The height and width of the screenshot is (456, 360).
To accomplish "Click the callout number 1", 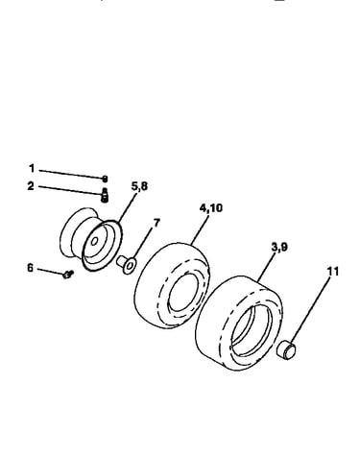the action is point(32,168).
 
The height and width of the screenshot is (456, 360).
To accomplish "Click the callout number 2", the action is point(31,186).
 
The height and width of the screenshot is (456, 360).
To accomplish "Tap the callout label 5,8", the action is point(140,186).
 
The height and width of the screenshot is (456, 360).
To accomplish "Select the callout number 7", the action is point(156,223).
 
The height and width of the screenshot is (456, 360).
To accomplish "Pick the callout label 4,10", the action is point(210,208).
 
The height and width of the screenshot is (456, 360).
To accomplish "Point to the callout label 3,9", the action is point(279,248).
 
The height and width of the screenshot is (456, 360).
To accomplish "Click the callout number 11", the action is point(333,272).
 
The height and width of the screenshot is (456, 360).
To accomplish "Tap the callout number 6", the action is point(30,268).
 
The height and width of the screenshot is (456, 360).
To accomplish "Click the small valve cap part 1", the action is point(105,179).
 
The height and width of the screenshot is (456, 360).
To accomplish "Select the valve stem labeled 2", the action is point(105,195).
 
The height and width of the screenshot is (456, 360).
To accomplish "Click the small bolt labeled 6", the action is point(68,274).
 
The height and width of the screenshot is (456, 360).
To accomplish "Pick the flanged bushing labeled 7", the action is point(127,264).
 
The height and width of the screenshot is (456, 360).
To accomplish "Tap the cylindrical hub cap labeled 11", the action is point(286,350).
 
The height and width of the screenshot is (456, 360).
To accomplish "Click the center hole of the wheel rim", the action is point(94,241).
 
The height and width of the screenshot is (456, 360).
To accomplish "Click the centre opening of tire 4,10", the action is point(181,292).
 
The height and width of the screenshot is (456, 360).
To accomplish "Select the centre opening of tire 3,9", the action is point(252,330).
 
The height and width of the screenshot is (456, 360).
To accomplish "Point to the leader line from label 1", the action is point(71,174).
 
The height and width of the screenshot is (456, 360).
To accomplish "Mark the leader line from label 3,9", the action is point(266,268).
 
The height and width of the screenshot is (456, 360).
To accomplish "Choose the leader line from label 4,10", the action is point(200,230).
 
